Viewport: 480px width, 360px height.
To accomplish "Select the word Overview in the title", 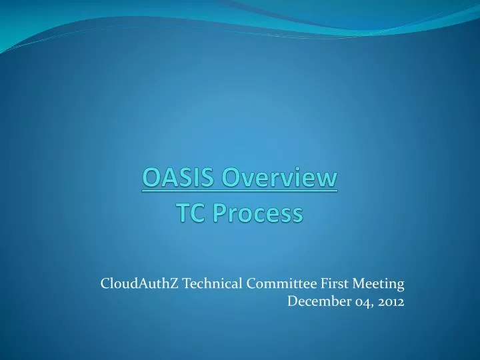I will click(280, 179).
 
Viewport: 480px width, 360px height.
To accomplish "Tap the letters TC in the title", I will click(189, 213).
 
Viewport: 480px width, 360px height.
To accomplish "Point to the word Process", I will click(257, 213).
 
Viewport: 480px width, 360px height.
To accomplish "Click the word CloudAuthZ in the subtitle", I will click(139, 283).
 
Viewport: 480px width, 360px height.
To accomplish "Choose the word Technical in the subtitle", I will click(212, 283).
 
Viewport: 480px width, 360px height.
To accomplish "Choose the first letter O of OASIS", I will click(151, 179).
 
